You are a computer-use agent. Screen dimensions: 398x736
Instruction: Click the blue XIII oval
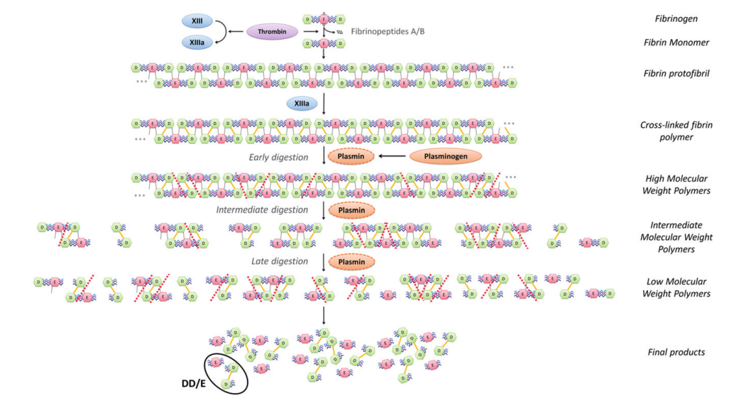pyautogui.click(x=197, y=22)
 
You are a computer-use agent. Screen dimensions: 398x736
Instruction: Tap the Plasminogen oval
pyautogui.click(x=445, y=156)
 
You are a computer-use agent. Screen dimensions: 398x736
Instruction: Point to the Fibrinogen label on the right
pyautogui.click(x=674, y=18)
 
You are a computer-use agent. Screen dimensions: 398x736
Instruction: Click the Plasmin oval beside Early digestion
pyautogui.click(x=351, y=157)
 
